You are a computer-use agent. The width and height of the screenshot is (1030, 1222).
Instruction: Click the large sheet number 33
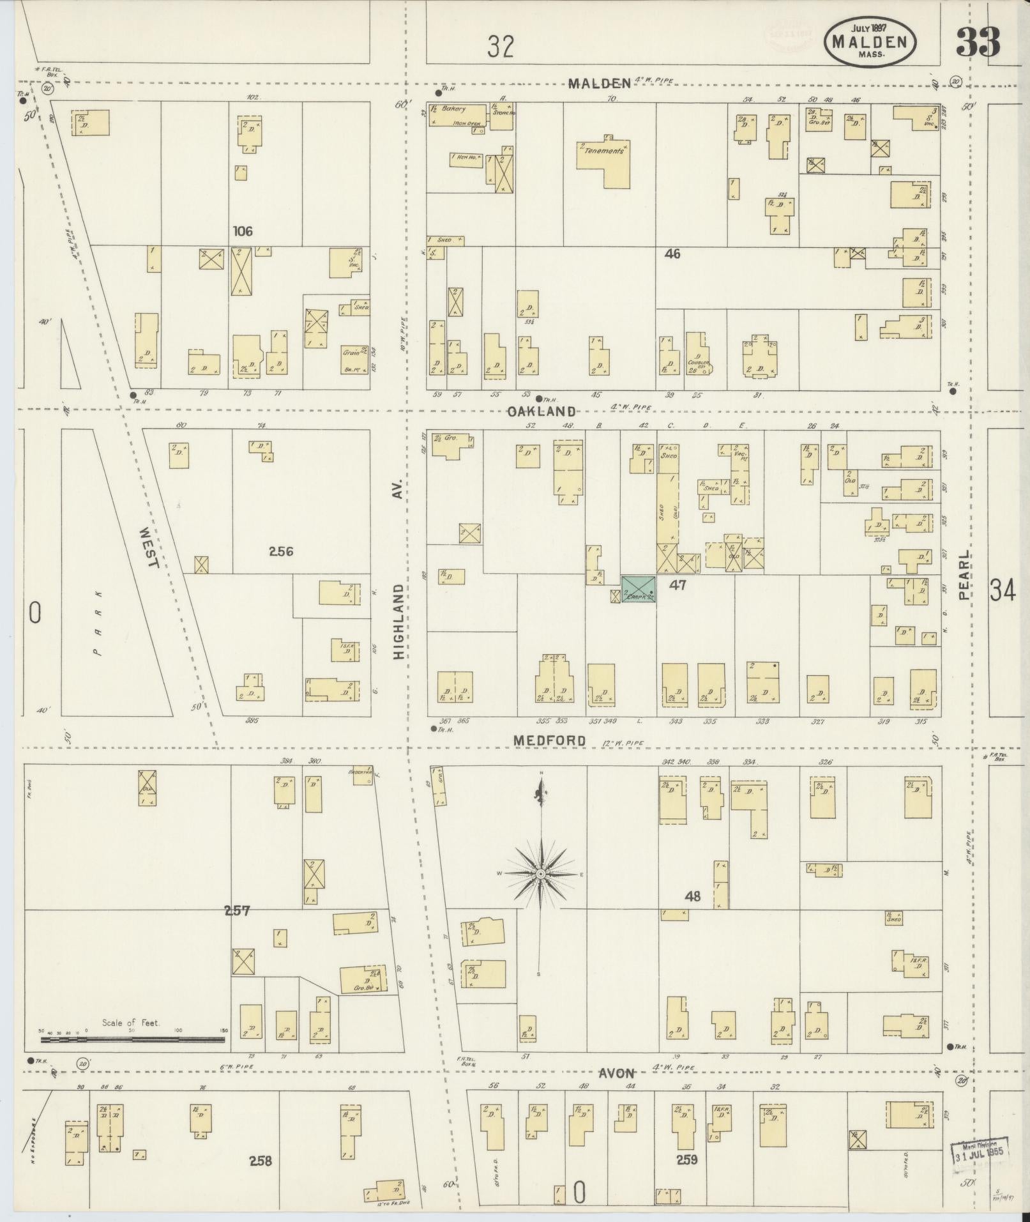point(978,43)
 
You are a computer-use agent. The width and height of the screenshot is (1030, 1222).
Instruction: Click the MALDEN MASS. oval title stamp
point(870,42)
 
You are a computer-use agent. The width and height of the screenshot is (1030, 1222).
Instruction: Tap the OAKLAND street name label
point(542,411)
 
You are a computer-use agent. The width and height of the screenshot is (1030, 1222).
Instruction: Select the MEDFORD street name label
point(550,740)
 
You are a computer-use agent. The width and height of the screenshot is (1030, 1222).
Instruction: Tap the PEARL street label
point(964,575)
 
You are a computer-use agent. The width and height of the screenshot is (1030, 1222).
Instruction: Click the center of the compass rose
point(541,874)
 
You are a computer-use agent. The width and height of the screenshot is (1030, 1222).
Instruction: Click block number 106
point(243,231)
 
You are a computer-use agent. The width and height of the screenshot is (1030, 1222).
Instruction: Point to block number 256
point(281,551)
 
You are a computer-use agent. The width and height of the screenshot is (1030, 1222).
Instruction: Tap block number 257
point(236,911)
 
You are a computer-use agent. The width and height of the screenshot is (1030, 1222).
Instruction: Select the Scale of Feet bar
point(132,1040)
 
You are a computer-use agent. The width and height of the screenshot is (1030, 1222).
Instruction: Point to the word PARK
point(98,623)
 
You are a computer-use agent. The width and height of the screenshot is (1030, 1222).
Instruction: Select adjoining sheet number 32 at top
point(500,47)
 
